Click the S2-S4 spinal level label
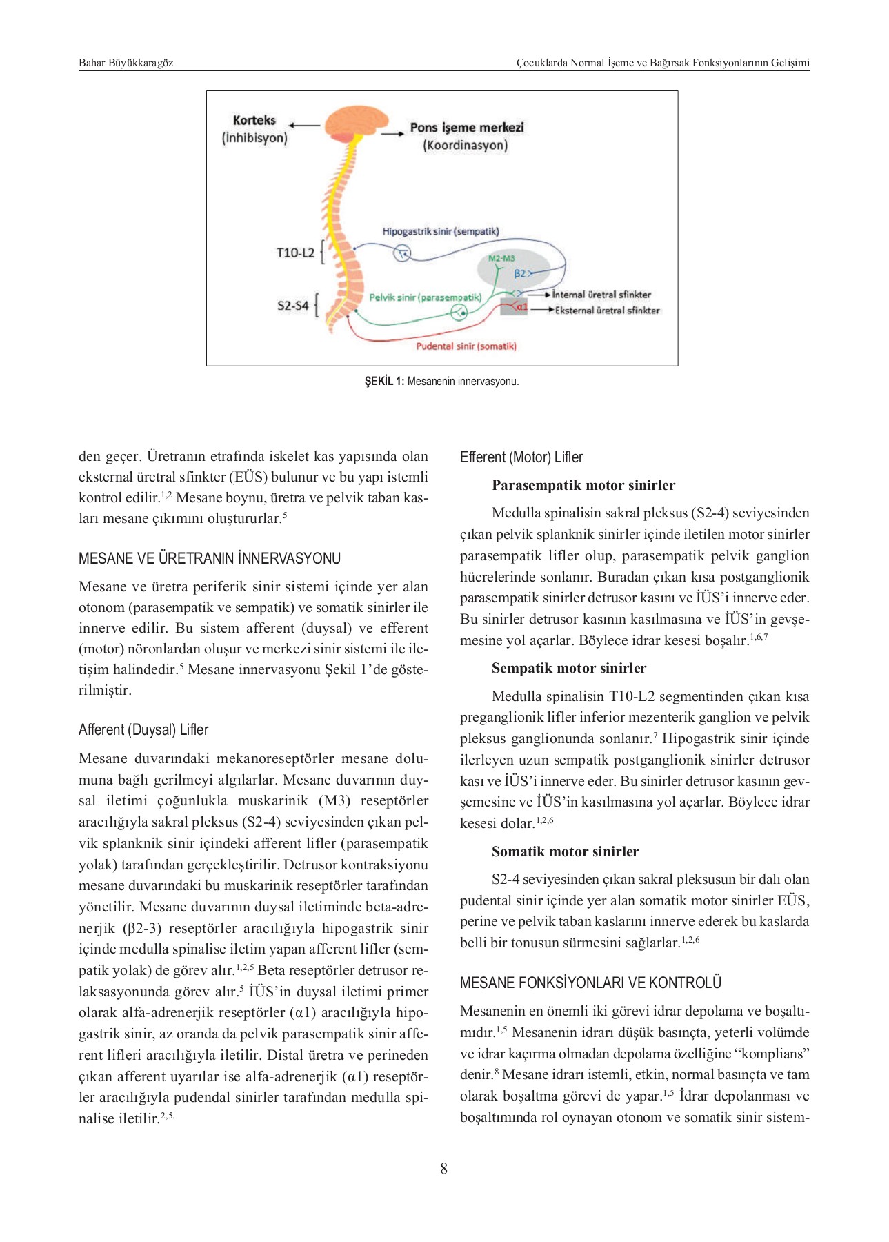292,305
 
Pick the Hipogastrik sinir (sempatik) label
441,231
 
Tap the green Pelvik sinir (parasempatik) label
425,297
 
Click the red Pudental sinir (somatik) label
466,346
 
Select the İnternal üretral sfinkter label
601,295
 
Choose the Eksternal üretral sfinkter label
607,310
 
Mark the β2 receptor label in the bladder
520,273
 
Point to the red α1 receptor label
521,306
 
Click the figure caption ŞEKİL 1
441,381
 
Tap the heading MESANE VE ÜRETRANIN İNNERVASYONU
210,558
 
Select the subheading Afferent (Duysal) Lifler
143,729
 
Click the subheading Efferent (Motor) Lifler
521,457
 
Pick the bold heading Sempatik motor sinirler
569,668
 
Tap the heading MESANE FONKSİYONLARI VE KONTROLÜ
590,983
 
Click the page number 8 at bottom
443,1168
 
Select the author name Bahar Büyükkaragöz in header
126,63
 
